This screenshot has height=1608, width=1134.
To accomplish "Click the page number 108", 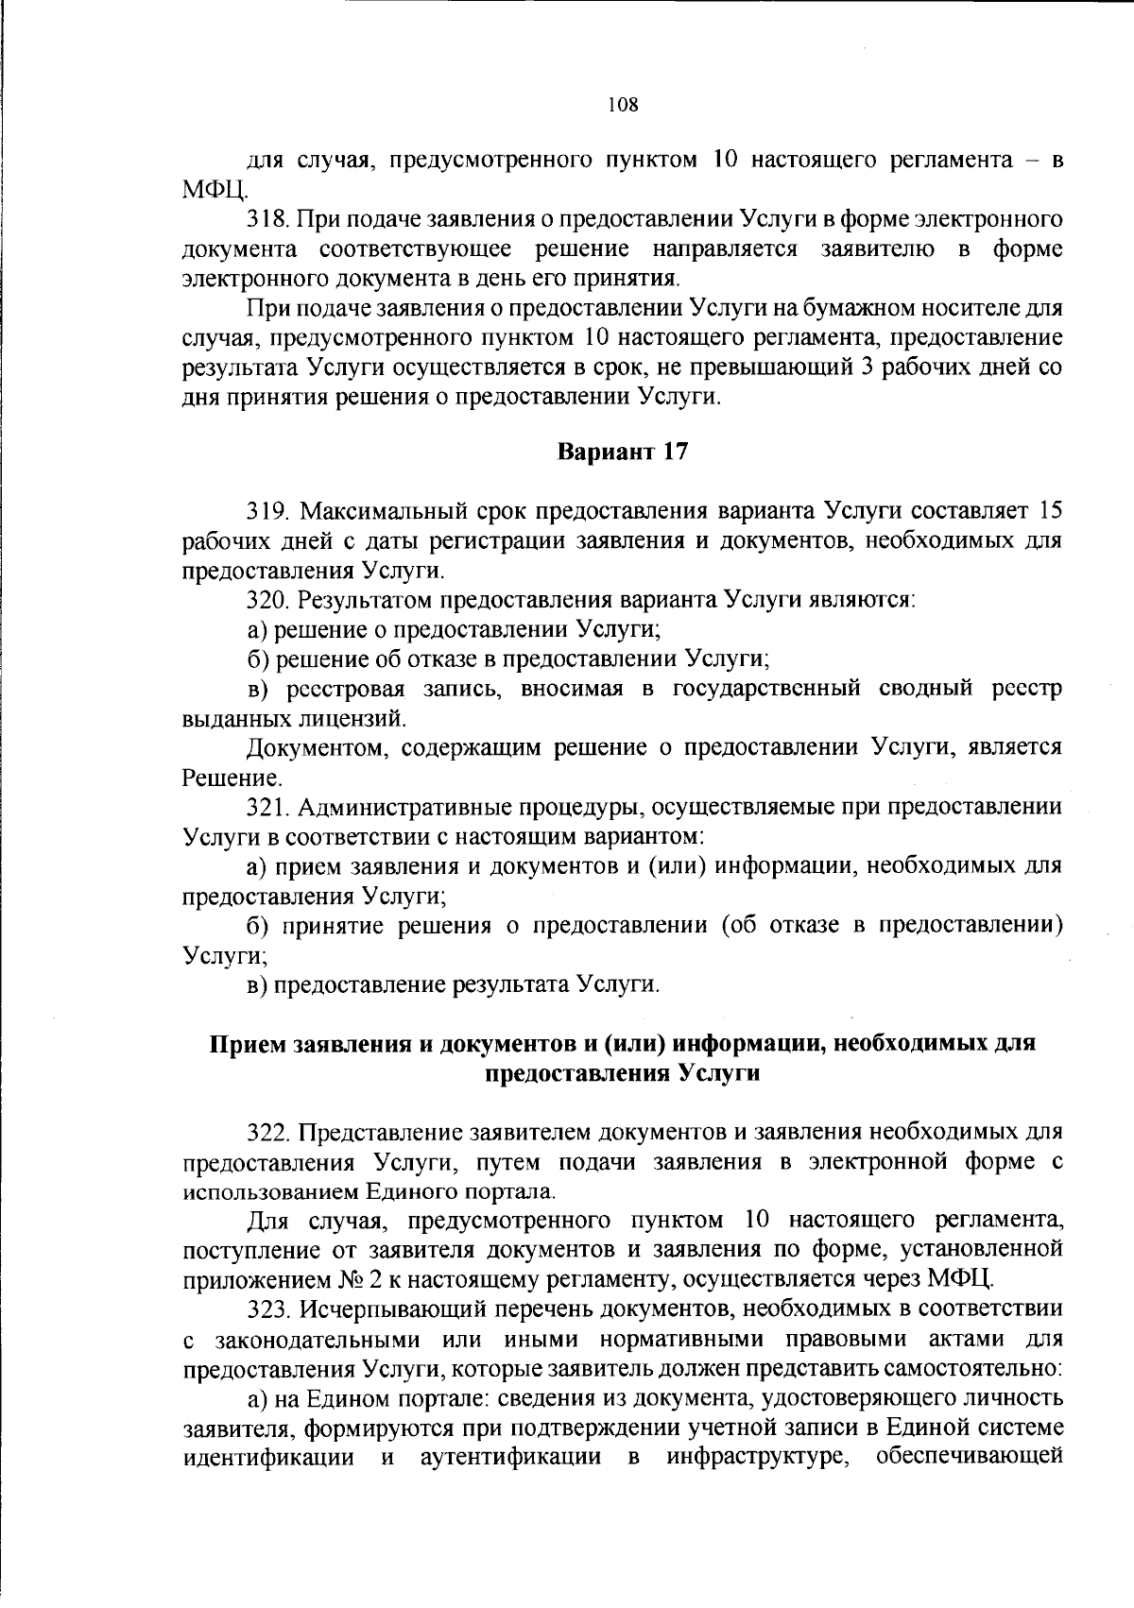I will [x=623, y=105].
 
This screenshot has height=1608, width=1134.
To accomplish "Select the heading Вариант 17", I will [x=622, y=453].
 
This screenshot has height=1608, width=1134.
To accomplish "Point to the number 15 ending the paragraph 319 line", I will [x=1049, y=511].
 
